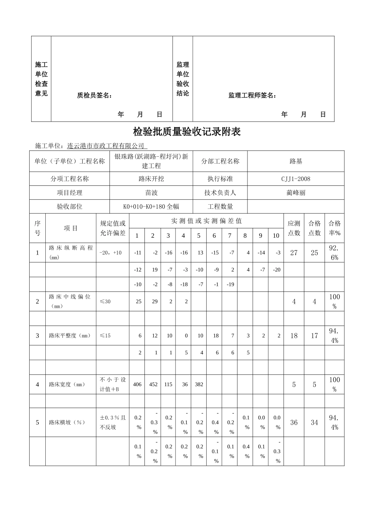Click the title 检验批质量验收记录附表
point(187,132)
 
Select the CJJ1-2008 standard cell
point(295,179)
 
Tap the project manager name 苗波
point(151,193)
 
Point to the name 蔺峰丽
point(295,193)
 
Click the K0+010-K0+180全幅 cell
point(151,207)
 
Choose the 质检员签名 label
point(95,96)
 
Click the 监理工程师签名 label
point(252,96)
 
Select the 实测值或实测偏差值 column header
point(206,221)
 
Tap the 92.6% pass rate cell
point(334,253)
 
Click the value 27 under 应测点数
point(294,253)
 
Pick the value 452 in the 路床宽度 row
point(153,384)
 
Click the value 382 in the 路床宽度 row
point(199,384)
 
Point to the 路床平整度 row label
point(70,336)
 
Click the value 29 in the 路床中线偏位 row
point(154,301)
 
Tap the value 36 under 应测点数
point(294,422)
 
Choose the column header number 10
point(276,236)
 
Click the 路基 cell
point(295,161)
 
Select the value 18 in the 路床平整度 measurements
point(216,336)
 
